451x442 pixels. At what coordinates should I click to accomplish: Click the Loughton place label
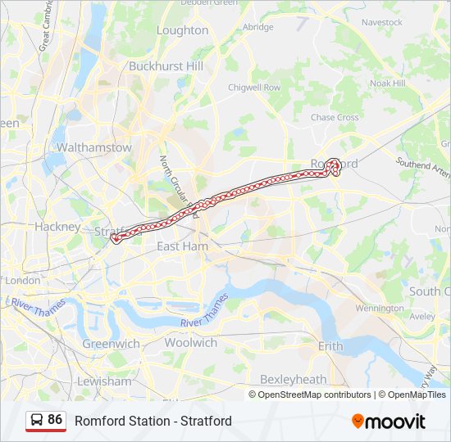[182, 30]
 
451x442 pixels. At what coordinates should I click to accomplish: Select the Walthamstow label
[93, 148]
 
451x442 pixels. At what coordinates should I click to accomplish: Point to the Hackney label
[57, 227]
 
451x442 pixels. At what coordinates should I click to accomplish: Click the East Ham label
[180, 246]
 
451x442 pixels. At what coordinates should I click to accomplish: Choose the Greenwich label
[111, 344]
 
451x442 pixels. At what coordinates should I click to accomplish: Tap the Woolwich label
[190, 343]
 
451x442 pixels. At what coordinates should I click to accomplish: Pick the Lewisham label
[104, 381]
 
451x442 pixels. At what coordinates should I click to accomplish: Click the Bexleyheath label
[293, 379]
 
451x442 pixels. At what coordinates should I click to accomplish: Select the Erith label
[330, 346]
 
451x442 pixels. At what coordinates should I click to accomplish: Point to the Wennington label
[380, 309]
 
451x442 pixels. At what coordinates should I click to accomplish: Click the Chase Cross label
[335, 118]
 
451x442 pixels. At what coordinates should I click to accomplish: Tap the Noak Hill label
[388, 83]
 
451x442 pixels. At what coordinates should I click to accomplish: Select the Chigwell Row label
[254, 87]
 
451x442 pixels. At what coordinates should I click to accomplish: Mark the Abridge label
[258, 27]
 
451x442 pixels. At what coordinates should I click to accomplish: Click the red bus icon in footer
[37, 421]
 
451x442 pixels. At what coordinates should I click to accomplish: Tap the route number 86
[55, 419]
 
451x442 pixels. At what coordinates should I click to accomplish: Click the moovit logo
[389, 422]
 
